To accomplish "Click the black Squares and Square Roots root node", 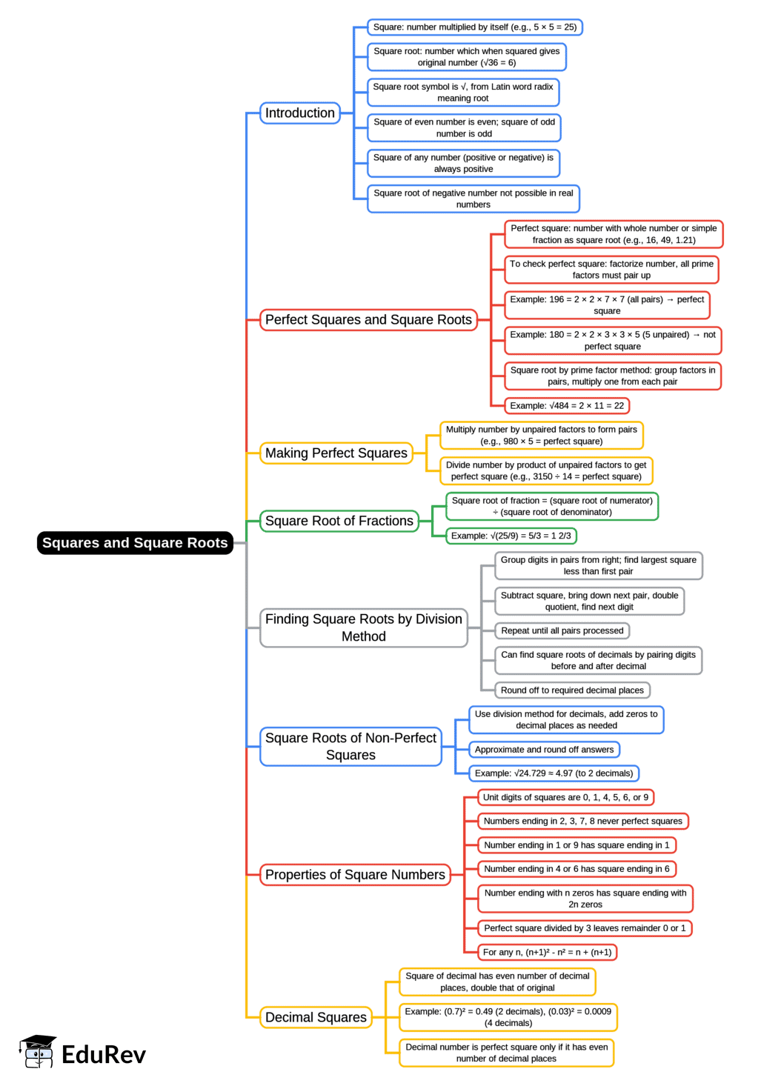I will coord(135,543).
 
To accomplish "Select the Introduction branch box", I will coord(300,113).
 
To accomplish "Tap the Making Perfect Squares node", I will coord(336,453).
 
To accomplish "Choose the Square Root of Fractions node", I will coord(339,522).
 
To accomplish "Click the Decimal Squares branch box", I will coord(316,1018).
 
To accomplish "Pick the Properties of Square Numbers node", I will coord(355,875).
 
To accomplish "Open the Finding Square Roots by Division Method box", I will coord(364,628).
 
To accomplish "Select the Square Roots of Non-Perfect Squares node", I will coord(350,747).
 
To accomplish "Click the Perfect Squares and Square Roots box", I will coord(368,320).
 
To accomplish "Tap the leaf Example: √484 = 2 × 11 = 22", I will coord(567,406).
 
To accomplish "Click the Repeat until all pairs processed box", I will coord(562,631).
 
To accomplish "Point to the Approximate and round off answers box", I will coord(544,750).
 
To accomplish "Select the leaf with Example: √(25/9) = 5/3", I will coord(511,536).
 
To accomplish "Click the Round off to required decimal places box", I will coord(572,690).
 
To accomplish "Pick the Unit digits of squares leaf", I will coord(565,798).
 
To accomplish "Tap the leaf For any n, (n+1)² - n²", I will coord(547,953).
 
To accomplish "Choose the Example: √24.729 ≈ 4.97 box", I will coord(554,773).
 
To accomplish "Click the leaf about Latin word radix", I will coord(463,93).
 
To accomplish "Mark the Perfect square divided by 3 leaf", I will coord(585,928).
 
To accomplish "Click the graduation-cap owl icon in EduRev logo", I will coord(38,1053).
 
